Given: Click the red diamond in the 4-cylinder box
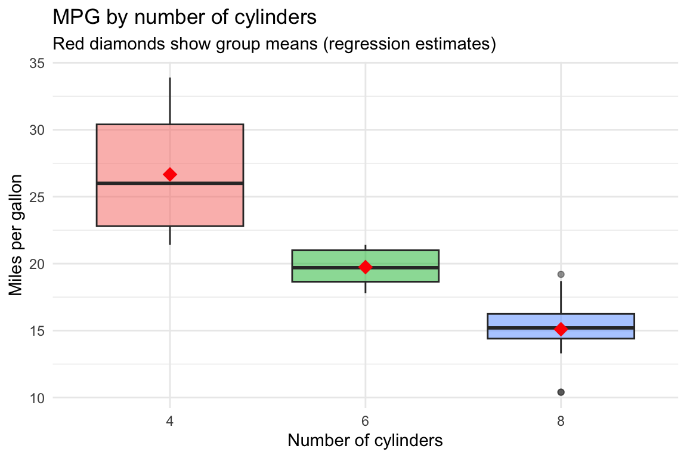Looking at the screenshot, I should coord(170,174).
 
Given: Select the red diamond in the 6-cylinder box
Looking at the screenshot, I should coord(366,267).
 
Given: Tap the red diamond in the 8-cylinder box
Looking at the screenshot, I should coord(561,329).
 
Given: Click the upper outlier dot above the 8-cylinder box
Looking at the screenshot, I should coord(561,274).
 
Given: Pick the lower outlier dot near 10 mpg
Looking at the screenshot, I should coord(561,392).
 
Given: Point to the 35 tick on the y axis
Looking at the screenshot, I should coord(36,63).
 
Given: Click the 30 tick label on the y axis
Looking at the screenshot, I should coord(36,130).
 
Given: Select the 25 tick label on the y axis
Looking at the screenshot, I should coord(36,197).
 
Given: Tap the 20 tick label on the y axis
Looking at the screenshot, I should coord(36,264).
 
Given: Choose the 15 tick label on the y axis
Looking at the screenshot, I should coord(36,331).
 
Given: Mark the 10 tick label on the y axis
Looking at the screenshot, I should coord(36,398).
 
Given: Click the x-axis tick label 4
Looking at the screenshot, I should coord(170,421).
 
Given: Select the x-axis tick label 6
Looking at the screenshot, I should coord(366,421).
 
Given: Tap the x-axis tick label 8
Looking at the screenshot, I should coord(561,421).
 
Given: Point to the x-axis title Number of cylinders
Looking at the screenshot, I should coord(365,441).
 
